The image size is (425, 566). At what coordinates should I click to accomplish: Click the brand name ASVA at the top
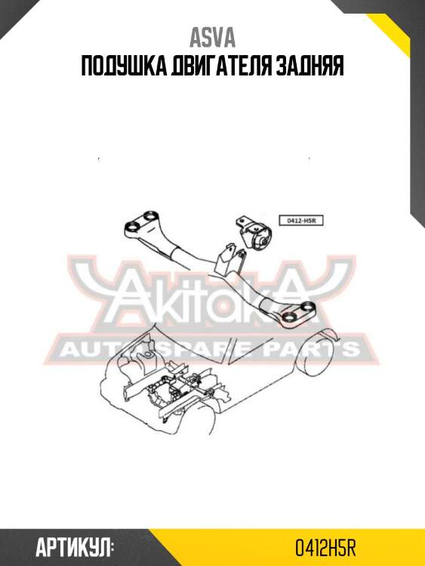coord(212,38)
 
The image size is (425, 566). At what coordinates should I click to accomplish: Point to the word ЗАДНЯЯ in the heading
coord(310,66)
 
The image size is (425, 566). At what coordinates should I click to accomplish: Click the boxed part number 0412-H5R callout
coord(300,220)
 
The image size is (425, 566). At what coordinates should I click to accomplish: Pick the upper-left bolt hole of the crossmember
coord(149,216)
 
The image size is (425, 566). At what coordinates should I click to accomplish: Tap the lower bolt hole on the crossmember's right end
coord(289,317)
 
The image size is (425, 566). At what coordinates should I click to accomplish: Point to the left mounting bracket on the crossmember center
coord(223,258)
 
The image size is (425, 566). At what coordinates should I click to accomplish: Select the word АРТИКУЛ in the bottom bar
coord(74,548)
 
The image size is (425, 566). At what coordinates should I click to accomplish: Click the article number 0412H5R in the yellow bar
coord(325,548)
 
